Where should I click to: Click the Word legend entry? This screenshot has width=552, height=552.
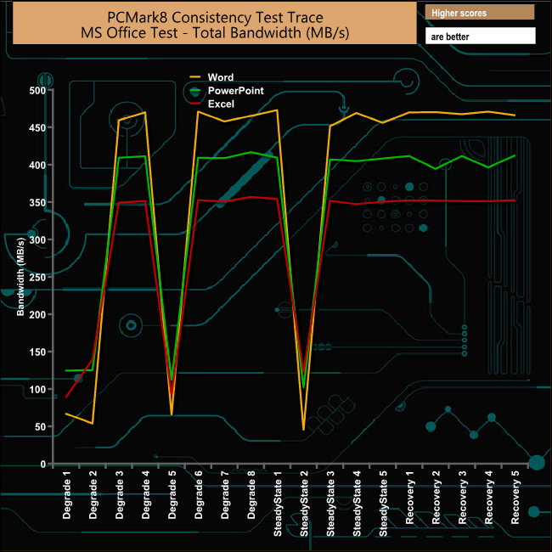[219, 78]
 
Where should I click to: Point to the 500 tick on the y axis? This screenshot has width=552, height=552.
[37, 90]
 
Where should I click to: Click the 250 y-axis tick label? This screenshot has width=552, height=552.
[37, 277]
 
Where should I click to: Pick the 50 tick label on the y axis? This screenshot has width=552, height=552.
[39, 426]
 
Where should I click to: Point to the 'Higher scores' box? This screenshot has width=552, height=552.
[481, 13]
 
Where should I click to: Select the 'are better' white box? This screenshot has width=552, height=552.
[481, 37]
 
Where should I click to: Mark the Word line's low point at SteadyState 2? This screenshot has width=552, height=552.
[303, 430]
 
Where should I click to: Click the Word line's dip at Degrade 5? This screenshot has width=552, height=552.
[172, 414]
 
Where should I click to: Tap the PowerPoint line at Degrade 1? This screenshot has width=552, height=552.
[66, 371]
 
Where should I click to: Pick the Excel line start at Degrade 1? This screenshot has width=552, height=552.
[66, 397]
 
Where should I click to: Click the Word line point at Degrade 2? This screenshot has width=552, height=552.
[93, 423]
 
